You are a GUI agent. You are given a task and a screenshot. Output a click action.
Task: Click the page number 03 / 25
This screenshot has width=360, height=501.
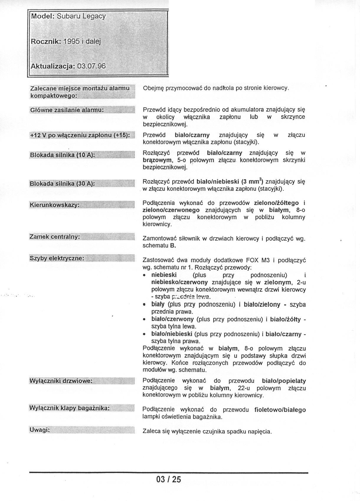pos(168,479)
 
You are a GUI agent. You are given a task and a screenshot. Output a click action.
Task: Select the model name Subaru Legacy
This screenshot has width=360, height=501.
pos(81,16)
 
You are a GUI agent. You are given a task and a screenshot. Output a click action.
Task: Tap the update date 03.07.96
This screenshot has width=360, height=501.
pos(91,66)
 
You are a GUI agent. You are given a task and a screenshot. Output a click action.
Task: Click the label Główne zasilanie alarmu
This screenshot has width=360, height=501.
pos(67,110)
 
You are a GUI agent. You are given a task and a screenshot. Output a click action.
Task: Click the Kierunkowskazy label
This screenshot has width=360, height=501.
pos(55,205)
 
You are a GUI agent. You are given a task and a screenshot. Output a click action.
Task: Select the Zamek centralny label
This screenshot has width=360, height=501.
pos(55,237)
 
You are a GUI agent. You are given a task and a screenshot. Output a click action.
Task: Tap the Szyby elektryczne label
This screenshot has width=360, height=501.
pos(57,258)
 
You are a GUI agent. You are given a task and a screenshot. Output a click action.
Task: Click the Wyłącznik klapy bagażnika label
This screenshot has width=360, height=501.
pos(69,408)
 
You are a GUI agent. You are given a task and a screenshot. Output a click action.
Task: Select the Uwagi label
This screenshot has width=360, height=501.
pos(40,430)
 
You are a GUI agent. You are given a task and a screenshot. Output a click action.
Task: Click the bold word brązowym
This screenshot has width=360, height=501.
pos(157,160)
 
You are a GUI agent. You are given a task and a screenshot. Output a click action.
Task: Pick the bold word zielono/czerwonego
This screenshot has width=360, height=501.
pos(171,210)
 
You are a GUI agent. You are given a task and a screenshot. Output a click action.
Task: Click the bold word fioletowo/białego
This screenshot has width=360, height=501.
pos(280,410)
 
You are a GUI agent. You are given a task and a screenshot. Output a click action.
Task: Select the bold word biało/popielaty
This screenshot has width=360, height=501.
pos(284,381)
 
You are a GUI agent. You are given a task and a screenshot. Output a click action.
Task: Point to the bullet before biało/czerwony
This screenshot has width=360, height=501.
pos(144,319)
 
